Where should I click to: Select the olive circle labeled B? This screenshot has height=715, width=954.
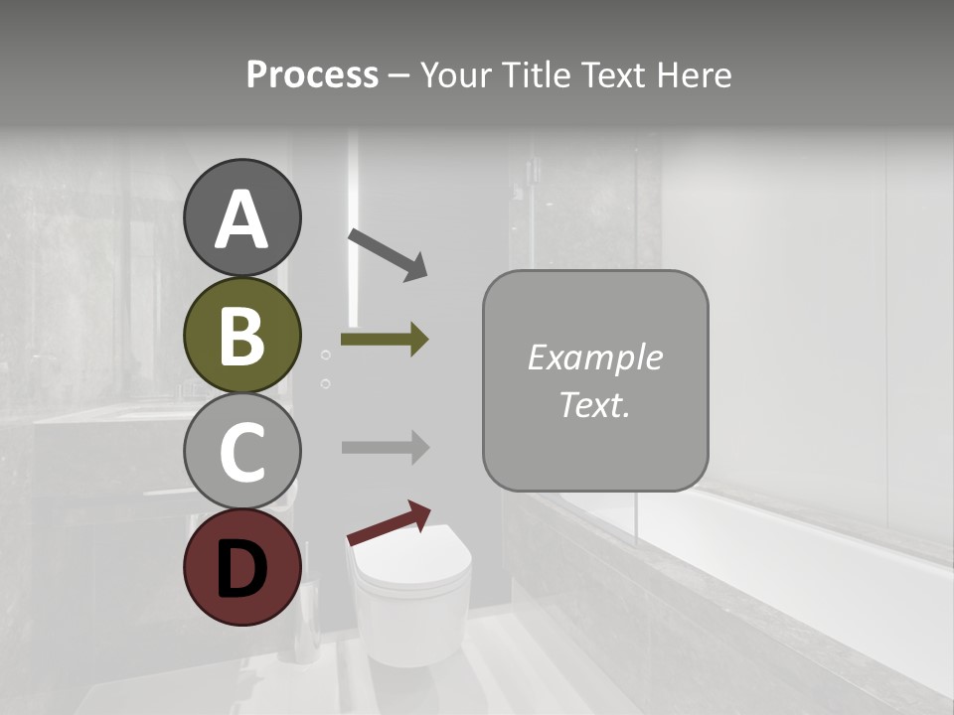(241, 336)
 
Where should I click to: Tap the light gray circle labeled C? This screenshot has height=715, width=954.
(241, 452)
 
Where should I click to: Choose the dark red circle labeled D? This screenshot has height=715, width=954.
(241, 568)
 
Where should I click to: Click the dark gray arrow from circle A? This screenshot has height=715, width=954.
(388, 254)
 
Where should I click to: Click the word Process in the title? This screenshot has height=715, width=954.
(312, 75)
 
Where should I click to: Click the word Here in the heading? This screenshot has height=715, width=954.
(695, 75)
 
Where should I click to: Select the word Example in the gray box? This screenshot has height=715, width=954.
(594, 357)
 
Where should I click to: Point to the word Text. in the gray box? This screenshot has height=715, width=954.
(594, 404)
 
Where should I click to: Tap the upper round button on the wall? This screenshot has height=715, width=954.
(325, 355)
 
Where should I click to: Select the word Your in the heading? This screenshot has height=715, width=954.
(459, 75)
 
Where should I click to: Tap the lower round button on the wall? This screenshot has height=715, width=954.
(325, 382)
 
